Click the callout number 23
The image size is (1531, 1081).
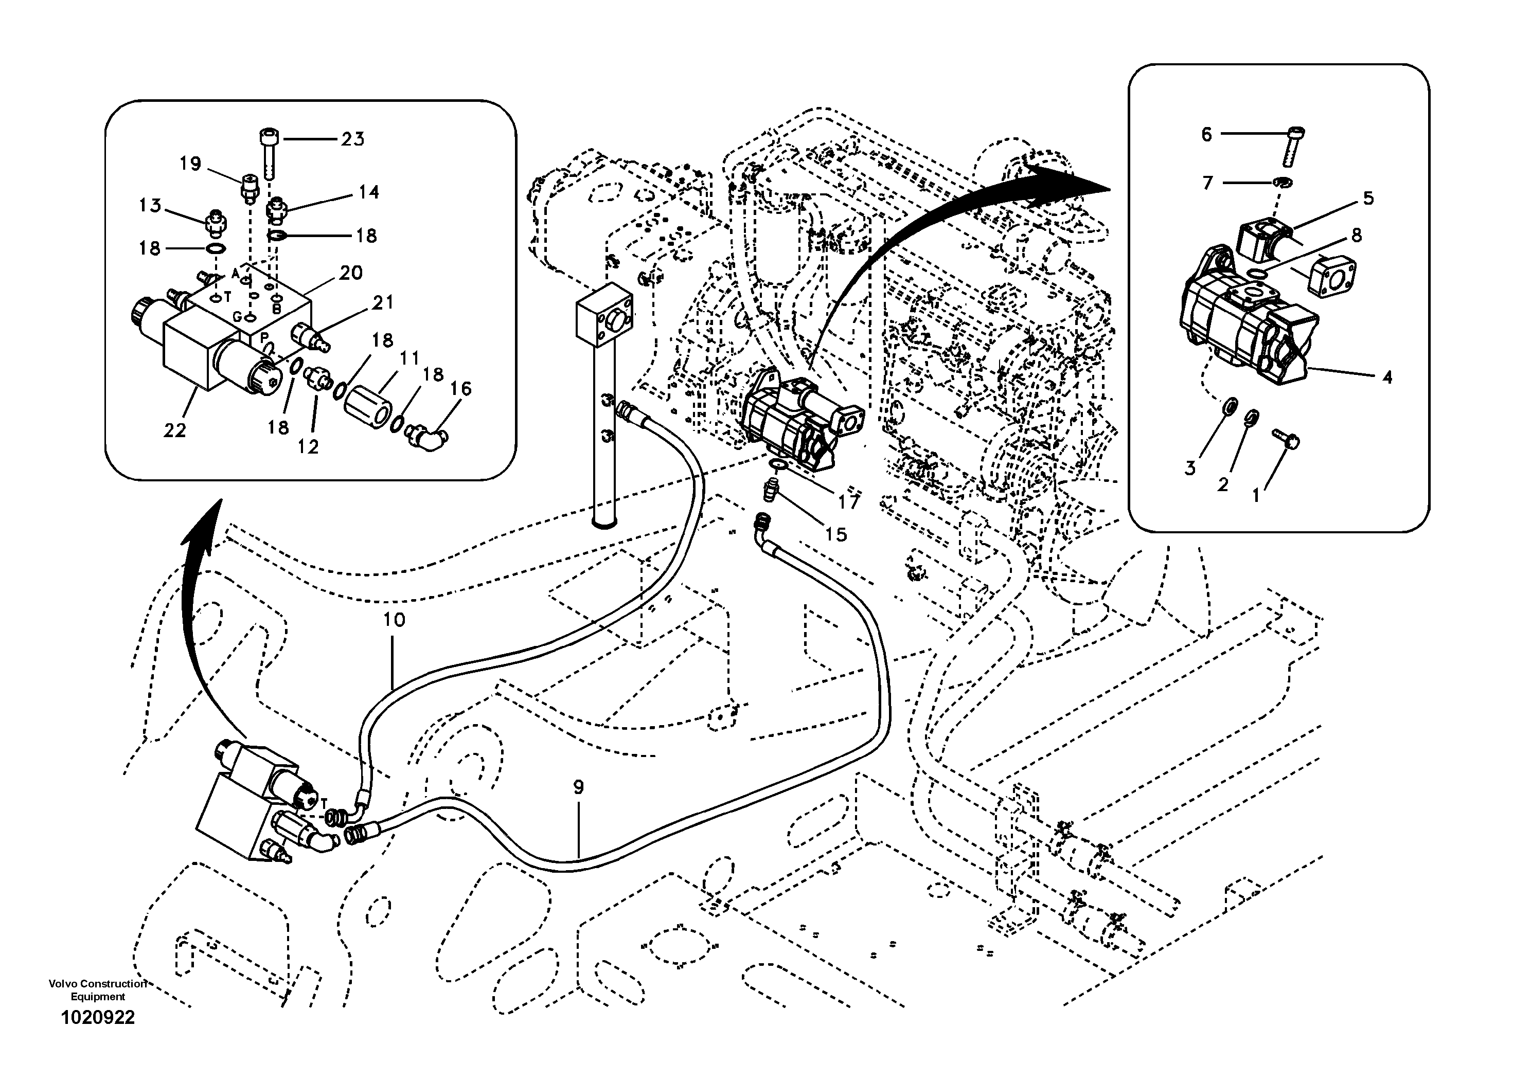[353, 139]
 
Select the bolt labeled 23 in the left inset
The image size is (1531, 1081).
[268, 151]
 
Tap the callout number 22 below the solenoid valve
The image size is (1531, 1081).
[175, 431]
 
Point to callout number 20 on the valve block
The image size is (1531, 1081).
[351, 273]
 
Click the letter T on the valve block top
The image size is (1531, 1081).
[227, 298]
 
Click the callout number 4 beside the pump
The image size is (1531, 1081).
[1387, 377]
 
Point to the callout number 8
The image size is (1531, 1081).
[1356, 235]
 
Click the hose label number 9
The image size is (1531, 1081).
[578, 788]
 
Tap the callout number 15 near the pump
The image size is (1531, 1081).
[835, 534]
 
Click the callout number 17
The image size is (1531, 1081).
[849, 502]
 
